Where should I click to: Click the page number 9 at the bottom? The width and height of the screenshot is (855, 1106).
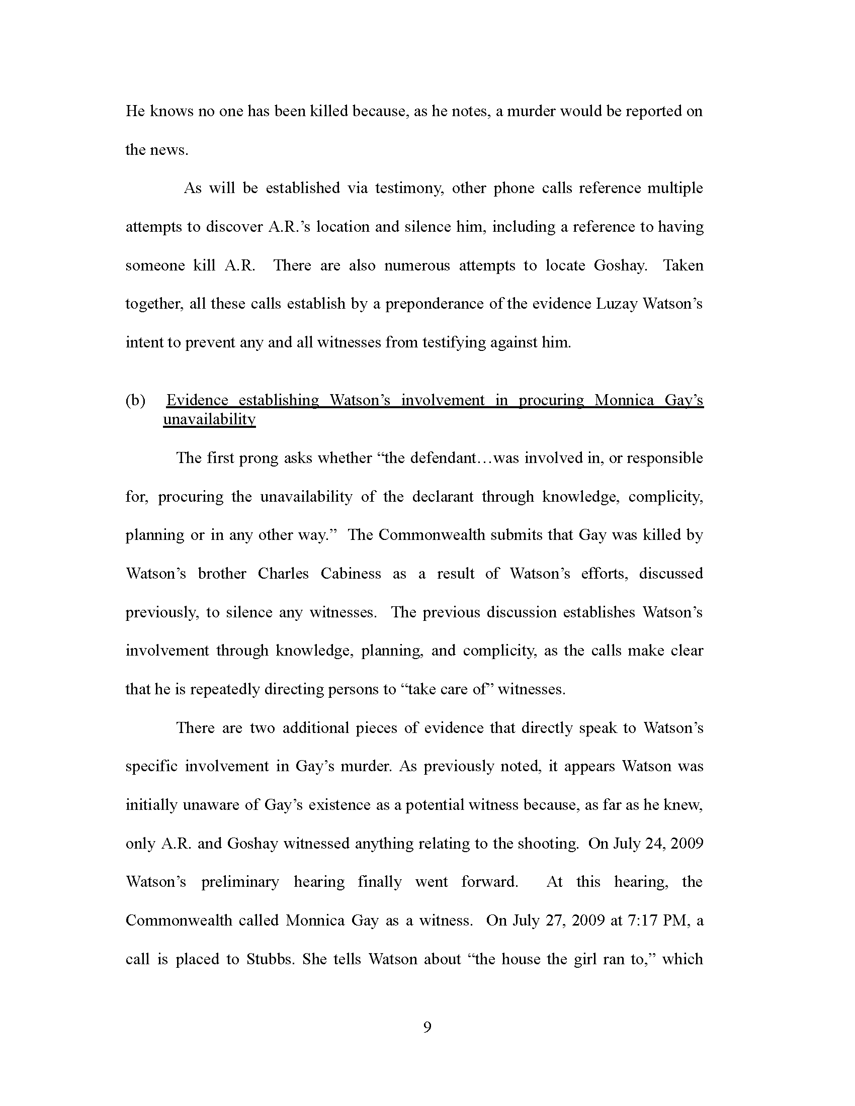tap(427, 1027)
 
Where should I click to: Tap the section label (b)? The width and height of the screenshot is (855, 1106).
tap(135, 401)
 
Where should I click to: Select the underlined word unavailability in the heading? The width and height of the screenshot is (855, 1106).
tap(209, 420)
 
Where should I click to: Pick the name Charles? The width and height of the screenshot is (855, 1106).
tap(283, 574)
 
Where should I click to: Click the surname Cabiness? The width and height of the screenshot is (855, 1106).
tap(351, 574)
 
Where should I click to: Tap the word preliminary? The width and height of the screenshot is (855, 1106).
tap(240, 882)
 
